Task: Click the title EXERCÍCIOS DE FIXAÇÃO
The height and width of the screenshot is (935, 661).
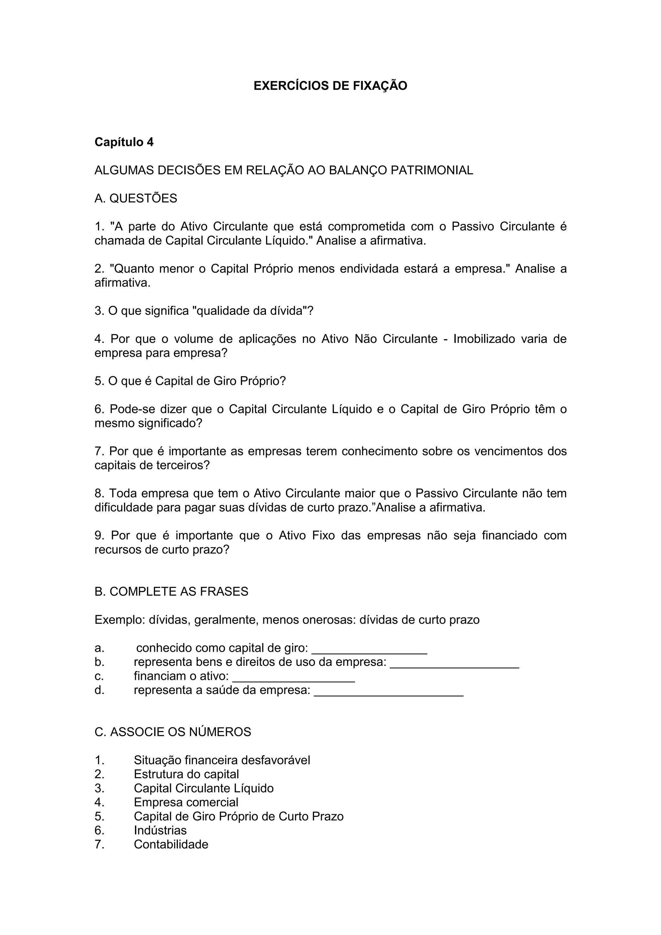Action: pos(330,86)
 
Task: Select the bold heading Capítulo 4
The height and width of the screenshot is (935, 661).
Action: pos(124,142)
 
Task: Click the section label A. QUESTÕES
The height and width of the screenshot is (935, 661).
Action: pos(136,198)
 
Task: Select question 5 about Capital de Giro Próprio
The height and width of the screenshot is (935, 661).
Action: pos(190,381)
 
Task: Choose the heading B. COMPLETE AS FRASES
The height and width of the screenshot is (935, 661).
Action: pos(171,591)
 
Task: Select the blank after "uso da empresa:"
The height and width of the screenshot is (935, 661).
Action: pos(454,663)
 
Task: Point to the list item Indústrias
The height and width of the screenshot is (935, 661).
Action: pos(160,830)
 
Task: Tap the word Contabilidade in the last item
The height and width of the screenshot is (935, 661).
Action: pos(171,845)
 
